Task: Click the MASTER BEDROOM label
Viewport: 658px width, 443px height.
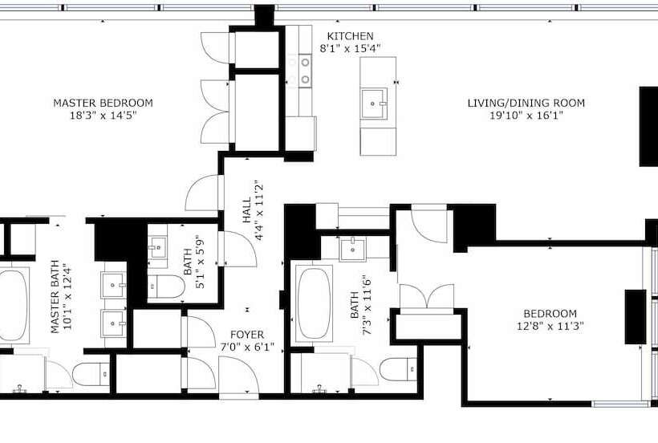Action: (103, 103)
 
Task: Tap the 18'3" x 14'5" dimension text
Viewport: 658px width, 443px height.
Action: (103, 116)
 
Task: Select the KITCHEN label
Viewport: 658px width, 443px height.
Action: (350, 36)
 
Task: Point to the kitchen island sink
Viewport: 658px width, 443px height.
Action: (375, 102)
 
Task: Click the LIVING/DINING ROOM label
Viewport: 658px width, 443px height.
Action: (526, 103)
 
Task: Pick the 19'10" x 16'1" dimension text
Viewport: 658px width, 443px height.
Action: (526, 116)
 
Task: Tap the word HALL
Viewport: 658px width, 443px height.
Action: (246, 210)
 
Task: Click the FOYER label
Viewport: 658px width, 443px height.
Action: (246, 335)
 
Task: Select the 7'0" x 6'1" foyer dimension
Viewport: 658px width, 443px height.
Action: (246, 347)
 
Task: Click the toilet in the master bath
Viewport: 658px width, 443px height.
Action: (91, 374)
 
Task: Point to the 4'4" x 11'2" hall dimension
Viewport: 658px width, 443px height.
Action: (259, 210)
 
